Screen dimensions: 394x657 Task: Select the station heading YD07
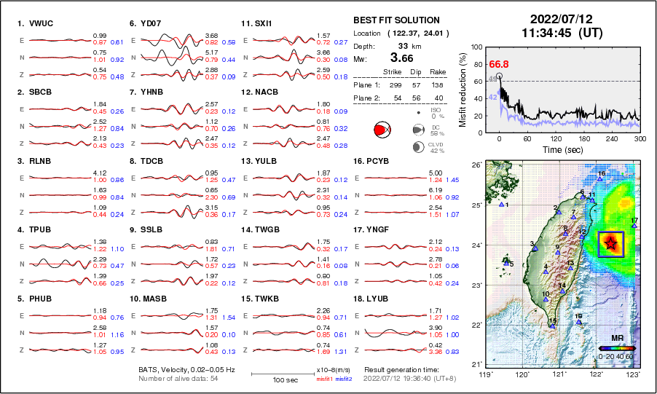(x=148, y=23)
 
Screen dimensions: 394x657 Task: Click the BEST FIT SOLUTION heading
(x=396, y=20)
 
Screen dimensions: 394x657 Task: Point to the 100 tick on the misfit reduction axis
(x=476, y=47)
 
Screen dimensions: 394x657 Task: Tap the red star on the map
(x=610, y=244)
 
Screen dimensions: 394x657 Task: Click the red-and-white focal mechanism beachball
(x=381, y=130)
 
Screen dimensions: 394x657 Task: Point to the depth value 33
(x=399, y=44)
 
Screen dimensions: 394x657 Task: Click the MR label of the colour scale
(x=616, y=339)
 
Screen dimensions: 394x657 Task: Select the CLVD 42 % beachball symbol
(x=417, y=147)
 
